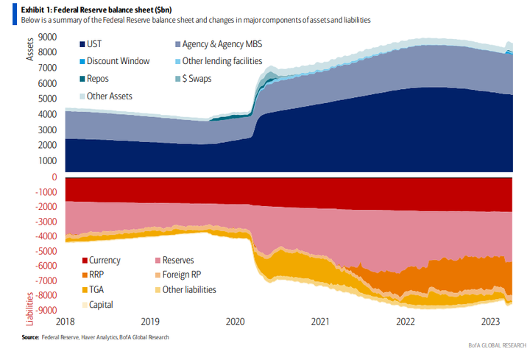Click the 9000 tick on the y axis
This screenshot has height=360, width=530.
[x=46, y=36]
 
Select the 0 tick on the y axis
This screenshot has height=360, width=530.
[x=54, y=177]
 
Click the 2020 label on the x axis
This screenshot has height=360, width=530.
[x=235, y=322]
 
